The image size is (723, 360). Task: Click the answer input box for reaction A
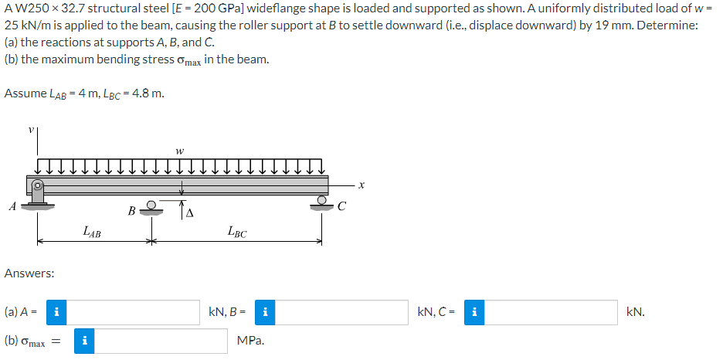134,313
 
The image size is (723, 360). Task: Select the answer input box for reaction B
341,313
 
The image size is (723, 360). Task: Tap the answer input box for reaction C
551,313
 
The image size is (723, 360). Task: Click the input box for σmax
161,341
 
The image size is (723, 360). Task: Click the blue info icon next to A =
56,313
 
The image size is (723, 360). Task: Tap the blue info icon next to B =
265,313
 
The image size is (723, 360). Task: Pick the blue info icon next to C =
474,313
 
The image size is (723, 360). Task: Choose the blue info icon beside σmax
84,341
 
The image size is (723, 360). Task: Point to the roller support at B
151,208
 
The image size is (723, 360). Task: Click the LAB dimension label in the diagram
92,230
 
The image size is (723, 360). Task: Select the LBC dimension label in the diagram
237,231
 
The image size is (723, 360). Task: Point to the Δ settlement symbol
188,213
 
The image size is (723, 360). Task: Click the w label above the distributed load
180,151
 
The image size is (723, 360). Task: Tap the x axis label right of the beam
361,185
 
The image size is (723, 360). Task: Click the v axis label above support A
30,130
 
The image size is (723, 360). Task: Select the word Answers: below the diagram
29,273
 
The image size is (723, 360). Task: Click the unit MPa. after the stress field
250,341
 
